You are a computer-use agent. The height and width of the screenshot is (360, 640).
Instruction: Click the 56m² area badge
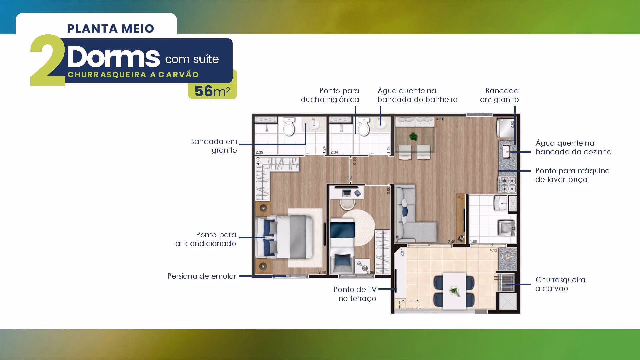[x=212, y=91]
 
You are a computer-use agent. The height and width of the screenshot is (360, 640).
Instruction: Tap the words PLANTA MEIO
[x=111, y=29]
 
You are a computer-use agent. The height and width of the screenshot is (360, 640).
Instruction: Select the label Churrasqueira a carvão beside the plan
[x=560, y=284]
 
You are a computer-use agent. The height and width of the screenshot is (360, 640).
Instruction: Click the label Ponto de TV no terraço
[x=355, y=294]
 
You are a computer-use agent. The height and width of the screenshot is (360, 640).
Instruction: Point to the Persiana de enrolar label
[x=202, y=276]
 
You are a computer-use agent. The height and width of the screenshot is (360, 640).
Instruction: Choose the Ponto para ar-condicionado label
[x=206, y=239]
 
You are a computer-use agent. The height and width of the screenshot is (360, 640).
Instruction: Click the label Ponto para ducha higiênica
[x=330, y=95]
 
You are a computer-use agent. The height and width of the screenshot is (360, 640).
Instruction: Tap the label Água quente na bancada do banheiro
[x=417, y=95]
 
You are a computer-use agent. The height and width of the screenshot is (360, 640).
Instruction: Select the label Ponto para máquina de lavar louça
[x=572, y=175]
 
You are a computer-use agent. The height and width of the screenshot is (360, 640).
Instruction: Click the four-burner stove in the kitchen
[x=507, y=185]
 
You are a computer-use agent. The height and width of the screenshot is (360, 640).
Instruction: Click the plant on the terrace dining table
[x=454, y=291]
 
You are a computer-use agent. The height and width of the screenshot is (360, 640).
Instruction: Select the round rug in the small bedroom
[x=359, y=228]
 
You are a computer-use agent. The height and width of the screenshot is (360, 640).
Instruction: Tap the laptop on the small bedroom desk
[x=347, y=193]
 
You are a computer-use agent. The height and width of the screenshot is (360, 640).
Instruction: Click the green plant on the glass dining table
[x=414, y=136]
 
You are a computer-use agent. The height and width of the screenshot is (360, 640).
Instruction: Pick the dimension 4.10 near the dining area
[x=440, y=119]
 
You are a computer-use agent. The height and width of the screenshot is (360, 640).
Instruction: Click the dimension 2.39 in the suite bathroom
[x=259, y=152]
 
